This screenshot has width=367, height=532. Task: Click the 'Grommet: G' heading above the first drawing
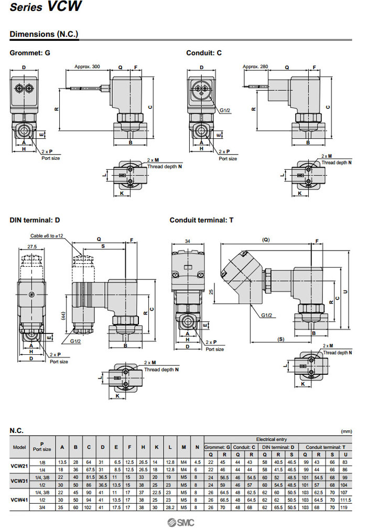(x=30, y=52)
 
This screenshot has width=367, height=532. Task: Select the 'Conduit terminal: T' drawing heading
(x=201, y=220)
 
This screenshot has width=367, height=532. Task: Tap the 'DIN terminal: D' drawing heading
(x=35, y=220)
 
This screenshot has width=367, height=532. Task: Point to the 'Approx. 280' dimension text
(x=256, y=67)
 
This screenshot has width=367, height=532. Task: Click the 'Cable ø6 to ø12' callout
(x=47, y=236)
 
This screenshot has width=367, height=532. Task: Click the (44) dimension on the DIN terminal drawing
(x=63, y=314)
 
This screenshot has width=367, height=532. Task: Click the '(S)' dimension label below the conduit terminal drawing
(x=280, y=339)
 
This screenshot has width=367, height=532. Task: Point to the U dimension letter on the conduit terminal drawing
(x=344, y=291)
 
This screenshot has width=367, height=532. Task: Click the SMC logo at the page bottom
(x=181, y=523)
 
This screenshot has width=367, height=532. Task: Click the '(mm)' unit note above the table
(x=347, y=431)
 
